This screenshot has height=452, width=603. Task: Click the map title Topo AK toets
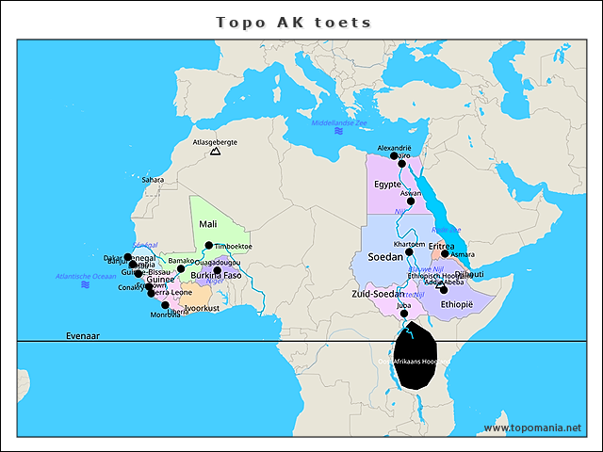(x=293, y=22)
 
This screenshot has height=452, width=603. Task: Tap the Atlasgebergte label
(x=214, y=142)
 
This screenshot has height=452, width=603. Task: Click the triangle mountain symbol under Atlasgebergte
(x=215, y=151)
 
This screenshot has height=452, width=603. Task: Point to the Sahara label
(x=152, y=180)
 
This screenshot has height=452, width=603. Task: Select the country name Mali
(x=208, y=224)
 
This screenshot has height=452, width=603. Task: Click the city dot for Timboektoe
(x=209, y=245)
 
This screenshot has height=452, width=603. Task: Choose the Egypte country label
(x=387, y=185)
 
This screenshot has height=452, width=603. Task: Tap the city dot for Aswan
(x=411, y=201)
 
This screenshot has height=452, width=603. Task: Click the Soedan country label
(x=384, y=256)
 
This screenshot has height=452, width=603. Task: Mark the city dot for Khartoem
(x=409, y=251)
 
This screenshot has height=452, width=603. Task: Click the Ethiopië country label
(x=456, y=304)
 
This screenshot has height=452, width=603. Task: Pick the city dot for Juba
(x=404, y=314)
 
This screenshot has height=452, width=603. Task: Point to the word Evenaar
(x=82, y=335)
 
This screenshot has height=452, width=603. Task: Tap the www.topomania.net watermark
(x=532, y=428)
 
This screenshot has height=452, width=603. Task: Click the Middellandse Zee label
(x=338, y=123)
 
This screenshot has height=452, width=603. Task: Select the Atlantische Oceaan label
(x=86, y=276)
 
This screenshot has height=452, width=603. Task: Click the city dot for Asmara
(x=445, y=254)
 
